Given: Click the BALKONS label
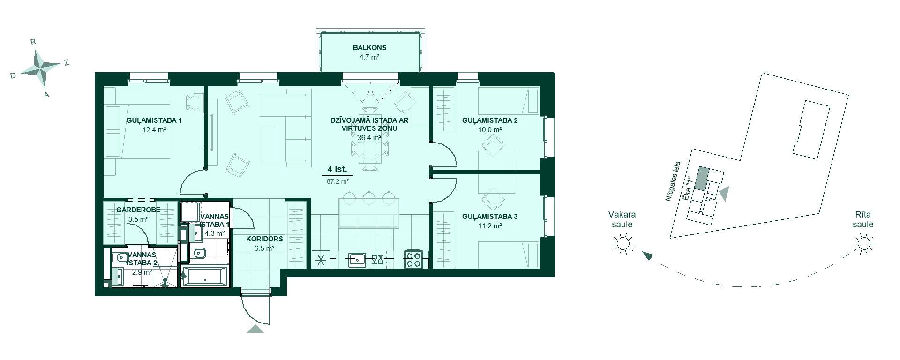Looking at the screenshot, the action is point(369,48).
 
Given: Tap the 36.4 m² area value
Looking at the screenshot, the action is point(369,138).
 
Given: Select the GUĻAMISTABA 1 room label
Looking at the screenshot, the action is point(154,120).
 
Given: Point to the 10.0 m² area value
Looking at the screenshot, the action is point(490,130).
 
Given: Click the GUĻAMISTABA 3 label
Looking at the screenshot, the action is point(490,217).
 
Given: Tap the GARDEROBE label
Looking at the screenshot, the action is point(138,210).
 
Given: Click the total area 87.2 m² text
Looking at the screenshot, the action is point(337,181).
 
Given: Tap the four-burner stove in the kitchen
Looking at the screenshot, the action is point(414,259).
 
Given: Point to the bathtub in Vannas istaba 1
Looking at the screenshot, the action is point(205,277).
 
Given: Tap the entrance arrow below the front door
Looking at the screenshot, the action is point(255,329).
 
